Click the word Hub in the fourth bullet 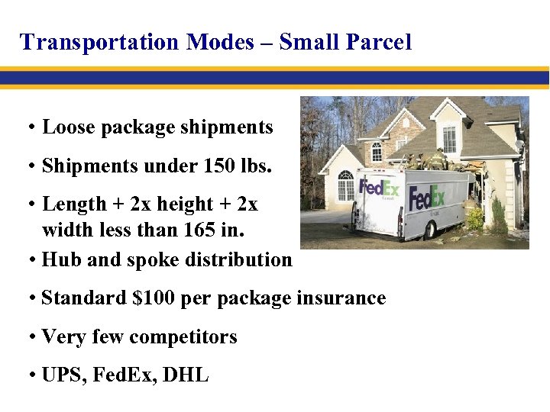[62, 260]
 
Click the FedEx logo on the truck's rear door [380, 188]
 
